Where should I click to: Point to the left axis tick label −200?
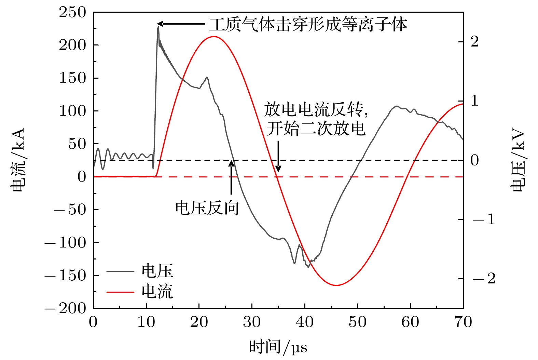coord(65,308)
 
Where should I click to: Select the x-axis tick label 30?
coord(252,322)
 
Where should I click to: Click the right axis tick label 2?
coord(474,42)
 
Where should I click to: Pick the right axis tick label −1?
coord(483,219)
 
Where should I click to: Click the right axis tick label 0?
coord(474,160)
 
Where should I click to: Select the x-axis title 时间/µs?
coord(278,347)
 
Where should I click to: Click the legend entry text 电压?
coord(157,271)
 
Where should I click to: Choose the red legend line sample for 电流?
coord(120,292)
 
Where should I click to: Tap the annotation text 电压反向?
coord(207,208)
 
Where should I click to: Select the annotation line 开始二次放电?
coord(316,129)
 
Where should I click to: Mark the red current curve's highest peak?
coord(213,36)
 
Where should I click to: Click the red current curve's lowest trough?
coord(336,285)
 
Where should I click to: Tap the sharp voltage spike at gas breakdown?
coord(158,27)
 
